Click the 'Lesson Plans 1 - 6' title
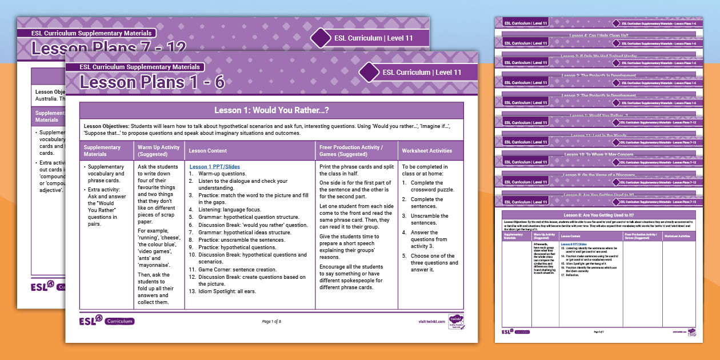152,82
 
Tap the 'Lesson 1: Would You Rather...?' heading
271,110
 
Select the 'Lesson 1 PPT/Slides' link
214,167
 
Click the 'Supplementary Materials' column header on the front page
102,151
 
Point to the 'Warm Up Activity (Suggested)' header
158,151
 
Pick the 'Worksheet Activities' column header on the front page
427,151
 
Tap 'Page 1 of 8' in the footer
271,321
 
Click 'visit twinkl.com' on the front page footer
431,321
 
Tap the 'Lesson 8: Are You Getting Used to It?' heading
598,214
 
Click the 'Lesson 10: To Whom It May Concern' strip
599,154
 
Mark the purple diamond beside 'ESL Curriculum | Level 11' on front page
369,73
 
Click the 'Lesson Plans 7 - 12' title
109,48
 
